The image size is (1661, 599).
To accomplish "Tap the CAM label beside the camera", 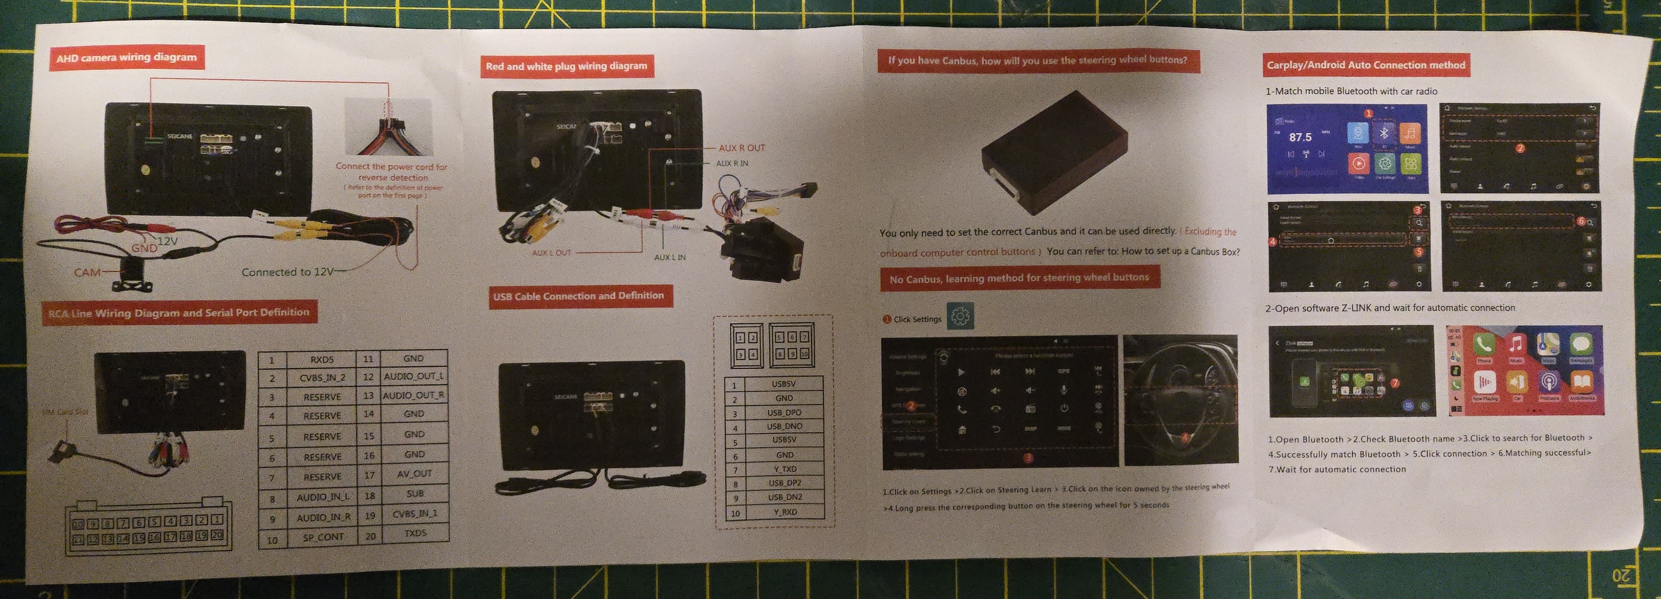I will pos(87,272).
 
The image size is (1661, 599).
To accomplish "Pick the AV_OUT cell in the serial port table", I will pos(414,473).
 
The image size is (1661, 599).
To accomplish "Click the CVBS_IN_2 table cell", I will pos(322,378).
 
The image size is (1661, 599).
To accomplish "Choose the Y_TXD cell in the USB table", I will pos(784,469).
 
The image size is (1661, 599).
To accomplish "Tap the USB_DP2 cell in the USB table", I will pos(784,483).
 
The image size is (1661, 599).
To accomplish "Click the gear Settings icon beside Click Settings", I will pos(960,317).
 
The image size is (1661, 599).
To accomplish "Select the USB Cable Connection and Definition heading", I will pos(578,297).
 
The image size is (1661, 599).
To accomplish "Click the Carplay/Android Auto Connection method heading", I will pos(1365,65).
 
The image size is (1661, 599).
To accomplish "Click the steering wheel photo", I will pos(1180,400).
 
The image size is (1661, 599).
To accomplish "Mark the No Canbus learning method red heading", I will pos(1019,279).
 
